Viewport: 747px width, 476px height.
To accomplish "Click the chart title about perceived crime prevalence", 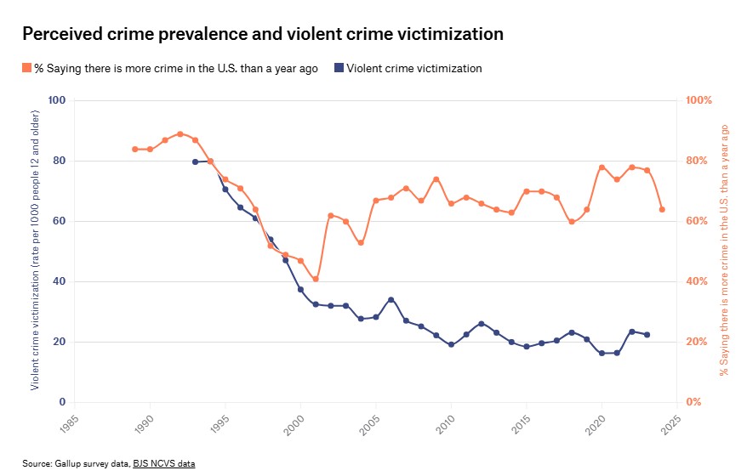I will point(262,34).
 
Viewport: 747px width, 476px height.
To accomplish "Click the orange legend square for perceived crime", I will point(26,68).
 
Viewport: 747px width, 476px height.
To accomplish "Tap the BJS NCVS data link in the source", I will point(169,463).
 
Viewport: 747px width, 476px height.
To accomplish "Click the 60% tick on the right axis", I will point(699,221).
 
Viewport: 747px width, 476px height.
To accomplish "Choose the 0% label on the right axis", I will point(693,402).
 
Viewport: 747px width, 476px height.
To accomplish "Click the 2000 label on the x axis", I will point(295,422).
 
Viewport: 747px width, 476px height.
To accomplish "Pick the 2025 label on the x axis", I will point(672,422).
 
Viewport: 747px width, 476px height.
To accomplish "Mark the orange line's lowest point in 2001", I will point(316,279).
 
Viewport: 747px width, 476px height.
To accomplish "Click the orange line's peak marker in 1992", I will point(180,133).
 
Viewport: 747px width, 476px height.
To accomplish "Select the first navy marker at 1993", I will point(195,161).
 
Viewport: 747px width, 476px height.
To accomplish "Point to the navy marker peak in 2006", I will point(391,299).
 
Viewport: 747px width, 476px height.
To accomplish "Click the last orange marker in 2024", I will point(662,209).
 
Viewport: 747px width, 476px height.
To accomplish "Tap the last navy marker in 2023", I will point(647,335).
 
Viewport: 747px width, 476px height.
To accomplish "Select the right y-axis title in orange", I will point(725,251).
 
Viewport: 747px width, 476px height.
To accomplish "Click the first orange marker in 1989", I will point(134,149).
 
